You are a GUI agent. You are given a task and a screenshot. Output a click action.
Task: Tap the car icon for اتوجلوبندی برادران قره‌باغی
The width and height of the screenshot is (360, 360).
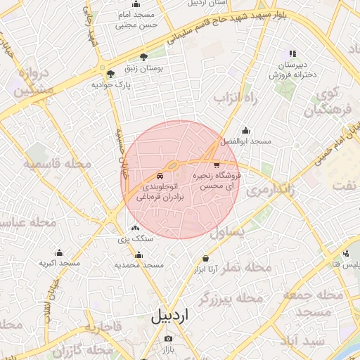pos(160,176)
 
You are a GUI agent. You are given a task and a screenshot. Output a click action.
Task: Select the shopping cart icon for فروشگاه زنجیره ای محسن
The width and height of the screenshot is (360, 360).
pos(216,164)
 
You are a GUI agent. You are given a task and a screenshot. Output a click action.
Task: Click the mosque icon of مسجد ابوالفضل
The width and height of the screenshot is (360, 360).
pos(245,130)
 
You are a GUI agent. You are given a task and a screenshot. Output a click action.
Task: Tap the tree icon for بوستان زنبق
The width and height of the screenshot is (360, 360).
pos(143,56)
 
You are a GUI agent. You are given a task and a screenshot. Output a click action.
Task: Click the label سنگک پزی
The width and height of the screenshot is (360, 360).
pos(135,238)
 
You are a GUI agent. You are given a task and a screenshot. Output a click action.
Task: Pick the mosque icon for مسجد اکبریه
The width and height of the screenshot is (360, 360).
pos(58,252)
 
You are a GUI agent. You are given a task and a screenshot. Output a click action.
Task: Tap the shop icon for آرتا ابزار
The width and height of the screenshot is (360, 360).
pos(205,258)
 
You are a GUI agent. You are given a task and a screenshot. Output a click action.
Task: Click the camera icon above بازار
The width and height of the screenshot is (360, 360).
pos(167,337)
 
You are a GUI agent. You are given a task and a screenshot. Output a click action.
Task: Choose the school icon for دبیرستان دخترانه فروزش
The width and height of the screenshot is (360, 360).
pos(292,53)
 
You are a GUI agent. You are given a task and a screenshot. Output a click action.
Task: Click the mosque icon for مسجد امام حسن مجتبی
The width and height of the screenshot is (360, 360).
pos(135,5)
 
